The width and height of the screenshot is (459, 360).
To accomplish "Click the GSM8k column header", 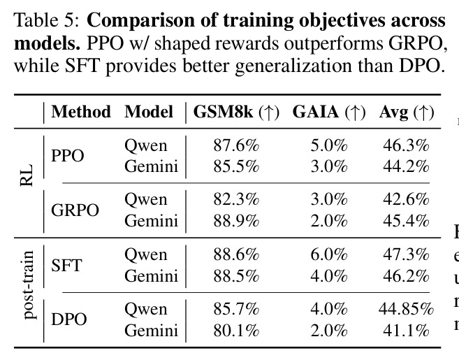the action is tap(236, 112).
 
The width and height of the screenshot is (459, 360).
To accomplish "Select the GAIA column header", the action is tap(329, 112).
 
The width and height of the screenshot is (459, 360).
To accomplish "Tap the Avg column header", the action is tap(407, 112).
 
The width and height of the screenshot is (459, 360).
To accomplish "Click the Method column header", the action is tap(81, 112).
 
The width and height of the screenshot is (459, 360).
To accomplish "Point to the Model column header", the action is tap(149, 112).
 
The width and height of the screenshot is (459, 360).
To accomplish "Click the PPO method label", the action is tap(68, 156).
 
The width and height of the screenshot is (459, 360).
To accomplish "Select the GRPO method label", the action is tap(75, 210).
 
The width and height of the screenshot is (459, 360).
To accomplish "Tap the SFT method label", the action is tap(66, 266).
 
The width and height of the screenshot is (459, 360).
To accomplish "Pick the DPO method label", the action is tap(69, 319).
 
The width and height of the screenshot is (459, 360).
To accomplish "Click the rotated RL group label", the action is tap(26, 175).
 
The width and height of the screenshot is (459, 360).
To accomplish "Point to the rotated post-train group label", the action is tap(29, 285).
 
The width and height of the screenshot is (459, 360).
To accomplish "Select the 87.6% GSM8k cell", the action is tap(236, 145).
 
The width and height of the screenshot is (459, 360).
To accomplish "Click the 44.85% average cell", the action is tap(406, 309).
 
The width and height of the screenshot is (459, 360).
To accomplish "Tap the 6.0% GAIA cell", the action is tap(329, 254).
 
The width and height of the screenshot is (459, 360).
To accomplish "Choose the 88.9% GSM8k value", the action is tap(236, 221).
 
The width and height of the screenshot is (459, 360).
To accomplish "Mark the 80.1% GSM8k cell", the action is tap(236, 331).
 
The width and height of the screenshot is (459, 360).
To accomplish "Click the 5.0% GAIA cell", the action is tap(329, 145).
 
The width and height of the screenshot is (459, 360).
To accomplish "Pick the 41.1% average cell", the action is tap(406, 331).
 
